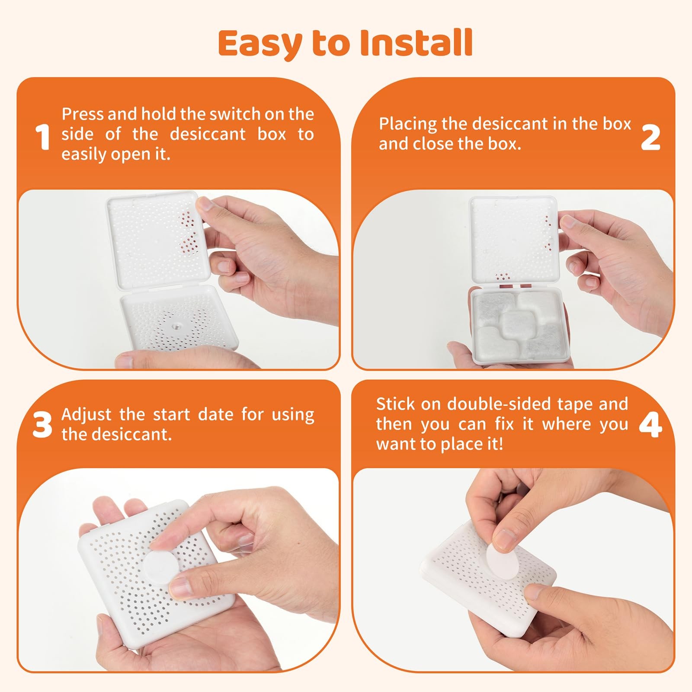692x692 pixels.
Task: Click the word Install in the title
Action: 416,43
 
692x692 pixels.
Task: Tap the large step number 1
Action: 43,137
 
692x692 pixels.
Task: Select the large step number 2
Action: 650,138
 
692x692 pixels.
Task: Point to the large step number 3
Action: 42,424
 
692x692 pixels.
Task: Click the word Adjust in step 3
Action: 86,415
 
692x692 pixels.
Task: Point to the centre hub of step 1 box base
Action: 178,324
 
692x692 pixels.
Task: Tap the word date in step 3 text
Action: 215,414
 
